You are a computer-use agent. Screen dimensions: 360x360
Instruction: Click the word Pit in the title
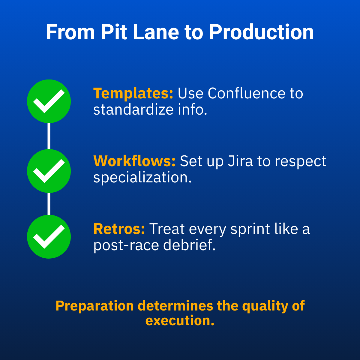point(114,32)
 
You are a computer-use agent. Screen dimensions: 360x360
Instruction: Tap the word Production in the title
point(261,32)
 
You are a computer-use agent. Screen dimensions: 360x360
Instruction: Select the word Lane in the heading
point(156,32)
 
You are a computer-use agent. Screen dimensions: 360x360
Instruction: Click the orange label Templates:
point(133,93)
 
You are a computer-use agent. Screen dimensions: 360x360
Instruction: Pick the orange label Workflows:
point(134,161)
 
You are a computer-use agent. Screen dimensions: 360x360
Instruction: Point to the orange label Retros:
point(119,229)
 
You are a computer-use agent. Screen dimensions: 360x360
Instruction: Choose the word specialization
point(142,178)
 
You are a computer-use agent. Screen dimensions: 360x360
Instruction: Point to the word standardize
point(133,109)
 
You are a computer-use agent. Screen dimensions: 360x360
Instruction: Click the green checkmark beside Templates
point(49,101)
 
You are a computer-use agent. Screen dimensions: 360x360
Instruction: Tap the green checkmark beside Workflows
point(49,171)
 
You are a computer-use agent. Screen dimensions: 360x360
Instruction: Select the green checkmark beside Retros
point(49,236)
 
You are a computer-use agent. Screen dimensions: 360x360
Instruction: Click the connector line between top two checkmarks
point(49,136)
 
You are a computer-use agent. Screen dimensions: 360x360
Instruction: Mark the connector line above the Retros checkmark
point(49,204)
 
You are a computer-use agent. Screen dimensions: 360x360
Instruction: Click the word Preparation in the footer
point(94,306)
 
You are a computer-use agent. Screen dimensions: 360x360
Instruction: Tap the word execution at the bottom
point(180,320)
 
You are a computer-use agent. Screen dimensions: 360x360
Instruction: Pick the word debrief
point(189,245)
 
